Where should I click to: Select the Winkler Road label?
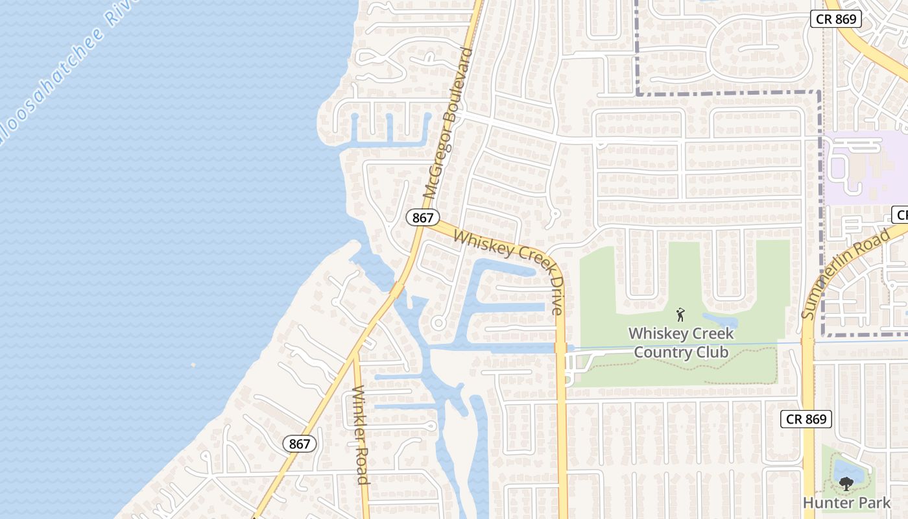(360, 435)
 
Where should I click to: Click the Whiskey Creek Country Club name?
(681, 343)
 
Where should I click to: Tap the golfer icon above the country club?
(680, 315)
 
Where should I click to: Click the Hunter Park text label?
(846, 502)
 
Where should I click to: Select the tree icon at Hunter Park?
(846, 483)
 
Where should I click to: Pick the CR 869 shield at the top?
(836, 19)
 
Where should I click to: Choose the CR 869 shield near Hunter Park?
(806, 418)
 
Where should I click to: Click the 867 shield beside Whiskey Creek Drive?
(423, 217)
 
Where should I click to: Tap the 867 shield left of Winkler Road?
(300, 444)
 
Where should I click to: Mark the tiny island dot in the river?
(193, 365)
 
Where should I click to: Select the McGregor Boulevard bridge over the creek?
(396, 289)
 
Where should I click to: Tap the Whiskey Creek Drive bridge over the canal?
(561, 348)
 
